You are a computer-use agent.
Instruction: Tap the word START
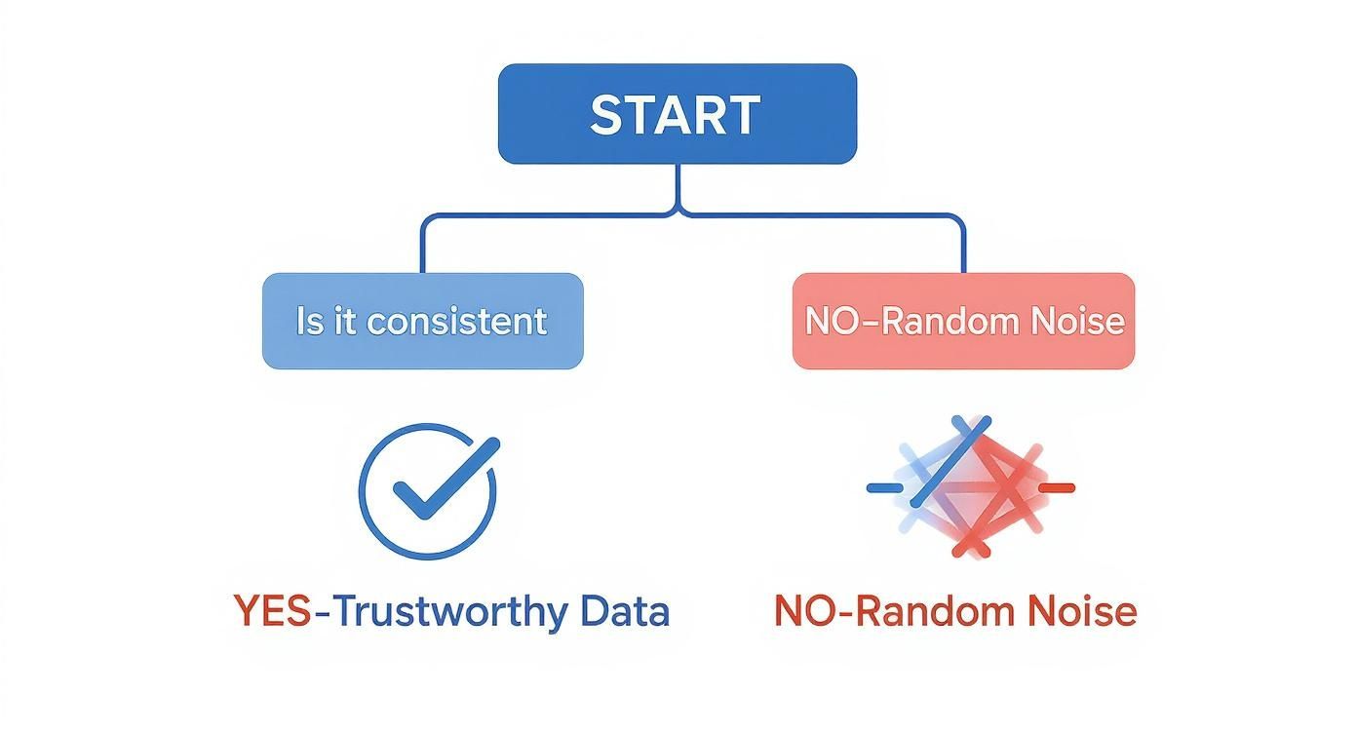[676, 115]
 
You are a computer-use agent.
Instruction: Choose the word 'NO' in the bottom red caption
[799, 611]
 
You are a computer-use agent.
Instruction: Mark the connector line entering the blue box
[422, 249]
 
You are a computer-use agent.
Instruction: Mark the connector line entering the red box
[963, 249]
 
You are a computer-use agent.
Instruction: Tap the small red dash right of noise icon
[1057, 486]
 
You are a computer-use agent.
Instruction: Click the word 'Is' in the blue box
[309, 321]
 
